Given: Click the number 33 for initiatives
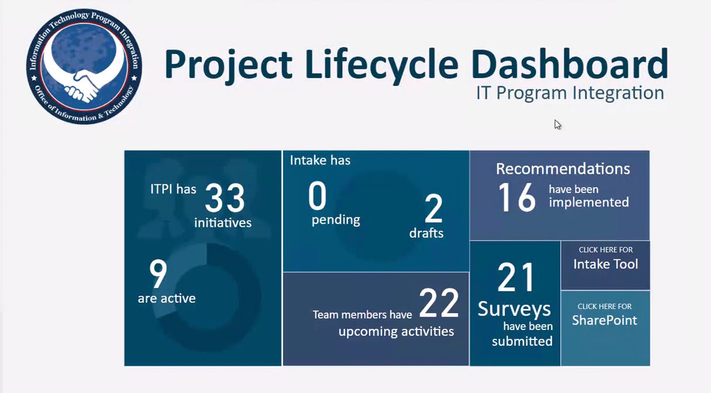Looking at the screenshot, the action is pyautogui.click(x=225, y=198).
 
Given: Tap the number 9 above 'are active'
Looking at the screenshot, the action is pyautogui.click(x=158, y=273).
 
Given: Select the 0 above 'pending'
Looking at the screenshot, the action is pyautogui.click(x=317, y=195).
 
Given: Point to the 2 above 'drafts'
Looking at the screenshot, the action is pyautogui.click(x=433, y=208).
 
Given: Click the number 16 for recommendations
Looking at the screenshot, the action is pyautogui.click(x=517, y=198).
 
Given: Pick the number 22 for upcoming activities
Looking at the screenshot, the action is pyautogui.click(x=439, y=303).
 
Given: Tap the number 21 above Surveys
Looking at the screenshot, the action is pyautogui.click(x=515, y=277).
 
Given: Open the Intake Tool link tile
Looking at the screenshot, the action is pyautogui.click(x=606, y=265).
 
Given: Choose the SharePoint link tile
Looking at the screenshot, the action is pyautogui.click(x=606, y=328).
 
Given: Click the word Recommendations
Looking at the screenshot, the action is pyautogui.click(x=563, y=169).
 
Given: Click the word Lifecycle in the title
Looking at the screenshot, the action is pyautogui.click(x=382, y=65).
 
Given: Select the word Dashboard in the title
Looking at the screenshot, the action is pyautogui.click(x=570, y=64).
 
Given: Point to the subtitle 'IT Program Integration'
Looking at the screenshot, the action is pyautogui.click(x=570, y=93).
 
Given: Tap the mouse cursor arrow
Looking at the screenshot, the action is pyautogui.click(x=558, y=124).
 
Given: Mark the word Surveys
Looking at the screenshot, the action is pyautogui.click(x=514, y=309).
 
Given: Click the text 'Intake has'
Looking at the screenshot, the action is pyautogui.click(x=320, y=160).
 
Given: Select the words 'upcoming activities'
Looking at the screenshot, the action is pyautogui.click(x=396, y=332).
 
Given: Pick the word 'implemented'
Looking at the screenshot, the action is pyautogui.click(x=589, y=202).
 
